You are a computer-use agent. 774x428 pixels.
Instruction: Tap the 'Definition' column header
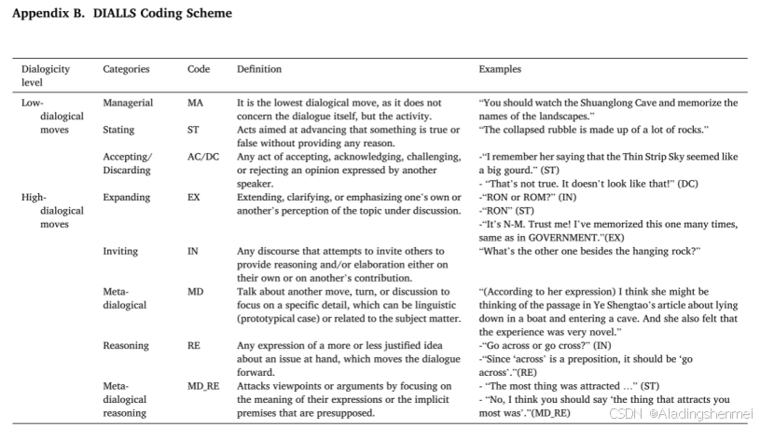point(259,69)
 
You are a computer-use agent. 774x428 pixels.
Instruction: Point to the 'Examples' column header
point(500,69)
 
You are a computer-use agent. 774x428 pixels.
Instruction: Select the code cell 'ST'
point(193,130)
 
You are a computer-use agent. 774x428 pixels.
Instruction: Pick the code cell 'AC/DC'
point(203,157)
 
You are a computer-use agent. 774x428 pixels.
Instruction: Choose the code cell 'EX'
point(193,198)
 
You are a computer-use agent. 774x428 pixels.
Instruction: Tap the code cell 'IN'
point(192,252)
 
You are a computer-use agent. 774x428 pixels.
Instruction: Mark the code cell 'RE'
point(193,346)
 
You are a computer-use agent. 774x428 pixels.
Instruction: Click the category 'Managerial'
point(128,103)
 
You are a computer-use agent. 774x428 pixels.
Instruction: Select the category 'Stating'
point(118,130)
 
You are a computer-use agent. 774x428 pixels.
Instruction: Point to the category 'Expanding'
point(126,198)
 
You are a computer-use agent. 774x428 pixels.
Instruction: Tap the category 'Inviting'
point(120,252)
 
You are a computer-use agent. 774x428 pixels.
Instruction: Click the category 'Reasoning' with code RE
point(126,346)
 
